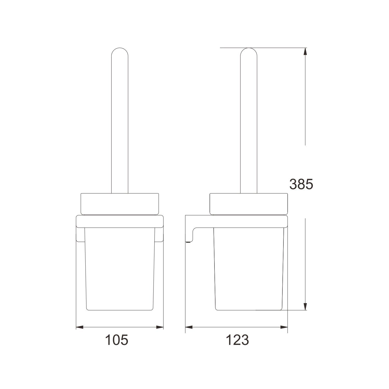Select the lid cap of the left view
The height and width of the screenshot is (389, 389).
(120, 204)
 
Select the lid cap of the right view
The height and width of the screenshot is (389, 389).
(248, 204)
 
